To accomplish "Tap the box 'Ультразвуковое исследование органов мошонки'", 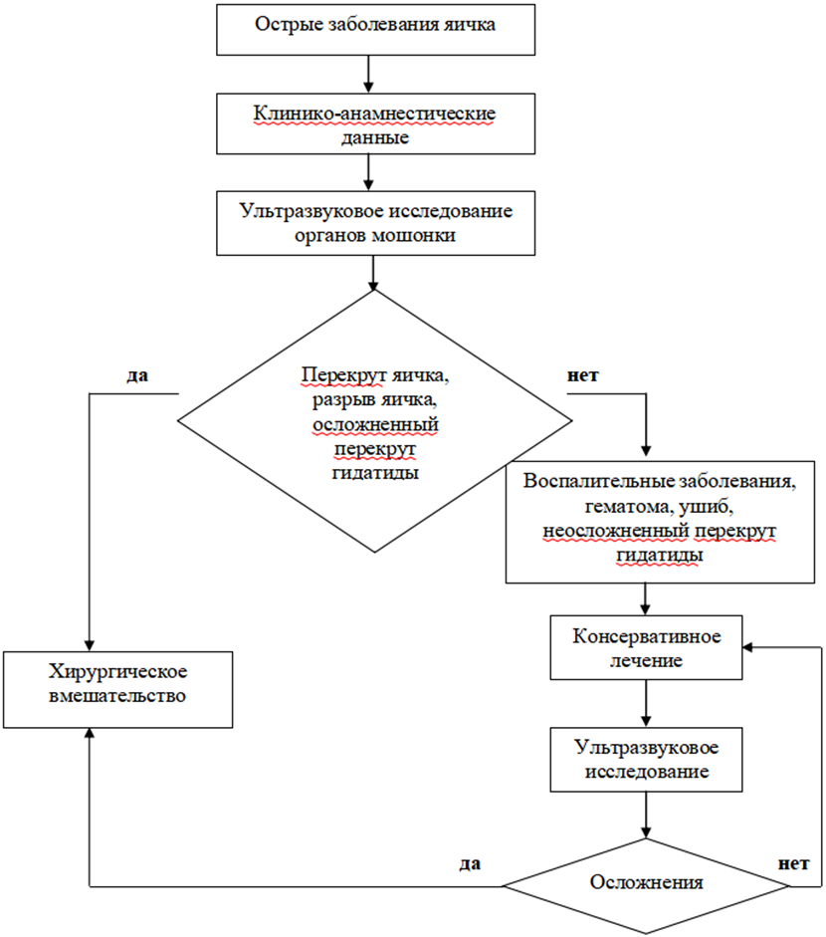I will (374, 223).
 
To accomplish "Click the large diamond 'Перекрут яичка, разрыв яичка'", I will (373, 418).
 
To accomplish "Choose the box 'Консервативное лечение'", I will (647, 647).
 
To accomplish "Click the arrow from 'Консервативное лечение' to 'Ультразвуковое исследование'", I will (647, 704).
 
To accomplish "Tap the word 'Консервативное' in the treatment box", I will (647, 635).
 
